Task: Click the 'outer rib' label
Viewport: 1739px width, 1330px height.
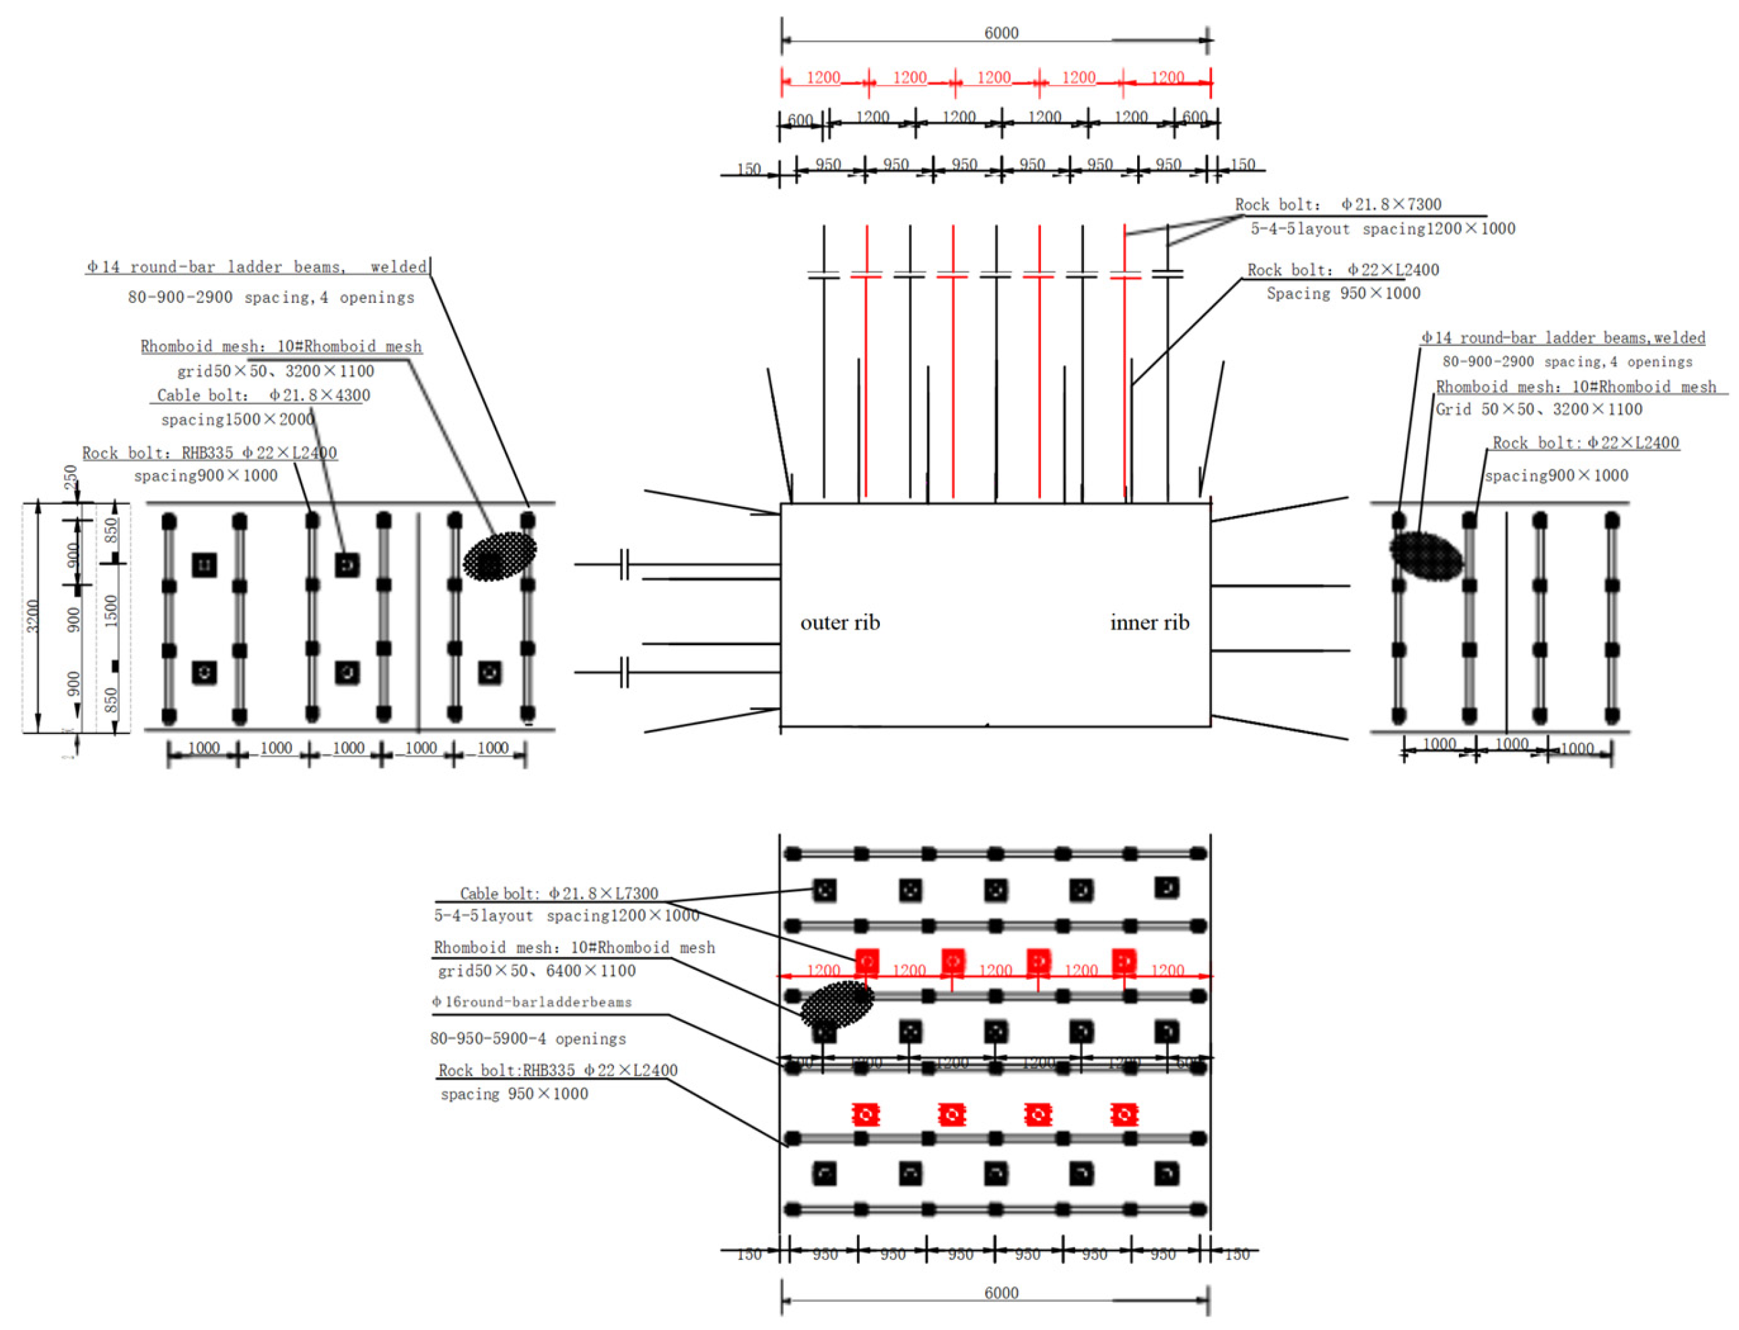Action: pos(840,623)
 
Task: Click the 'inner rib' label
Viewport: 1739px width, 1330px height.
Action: pos(1149,623)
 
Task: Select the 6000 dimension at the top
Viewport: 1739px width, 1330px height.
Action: pos(1000,33)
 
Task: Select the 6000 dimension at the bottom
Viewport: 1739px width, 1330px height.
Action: pos(1000,1293)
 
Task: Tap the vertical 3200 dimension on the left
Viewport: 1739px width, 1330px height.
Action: pos(32,616)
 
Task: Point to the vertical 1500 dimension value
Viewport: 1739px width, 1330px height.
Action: pos(111,611)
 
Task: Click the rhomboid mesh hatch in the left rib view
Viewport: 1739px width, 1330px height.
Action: pos(500,556)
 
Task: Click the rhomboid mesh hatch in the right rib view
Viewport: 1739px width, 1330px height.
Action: pos(1425,556)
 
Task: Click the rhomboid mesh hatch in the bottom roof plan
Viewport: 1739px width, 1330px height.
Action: pos(837,1005)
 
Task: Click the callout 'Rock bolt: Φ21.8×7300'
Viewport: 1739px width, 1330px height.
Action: pos(1338,205)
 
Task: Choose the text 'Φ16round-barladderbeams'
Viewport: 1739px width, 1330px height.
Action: pos(532,1002)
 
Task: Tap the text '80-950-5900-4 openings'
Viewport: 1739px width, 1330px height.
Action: pos(528,1038)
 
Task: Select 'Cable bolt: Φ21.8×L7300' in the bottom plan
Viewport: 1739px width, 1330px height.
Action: pos(559,894)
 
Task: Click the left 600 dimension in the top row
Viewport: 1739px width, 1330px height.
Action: pos(800,120)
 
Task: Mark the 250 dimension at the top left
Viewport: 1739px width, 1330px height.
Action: pos(71,477)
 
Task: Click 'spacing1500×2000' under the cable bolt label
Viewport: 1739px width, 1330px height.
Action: pos(238,420)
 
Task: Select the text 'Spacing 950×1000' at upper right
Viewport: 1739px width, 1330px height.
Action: pos(1343,294)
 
